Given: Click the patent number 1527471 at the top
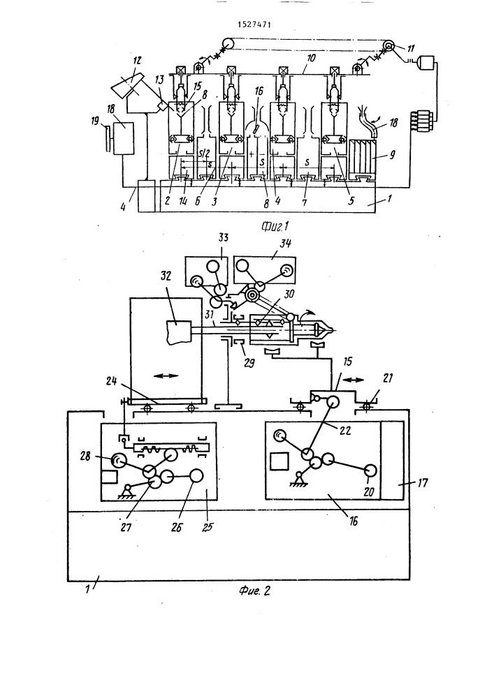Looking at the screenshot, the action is pos(254,24).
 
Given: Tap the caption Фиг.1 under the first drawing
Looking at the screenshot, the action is pos(275,226).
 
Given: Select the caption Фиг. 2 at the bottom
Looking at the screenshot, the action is pos(254,591).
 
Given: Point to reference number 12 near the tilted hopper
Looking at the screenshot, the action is pos(137,61).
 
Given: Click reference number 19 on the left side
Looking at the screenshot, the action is pos(95,121).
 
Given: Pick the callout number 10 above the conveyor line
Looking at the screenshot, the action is pos(311,58).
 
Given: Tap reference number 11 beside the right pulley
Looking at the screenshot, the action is pos(410,49).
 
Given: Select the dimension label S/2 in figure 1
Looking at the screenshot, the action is pos(205,154).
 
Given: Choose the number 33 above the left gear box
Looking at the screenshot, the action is pos(222,237).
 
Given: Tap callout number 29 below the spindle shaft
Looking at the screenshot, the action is pos(249,362).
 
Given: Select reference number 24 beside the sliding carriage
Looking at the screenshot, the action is pos(112,381).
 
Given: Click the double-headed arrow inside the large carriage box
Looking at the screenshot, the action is pos(166,376).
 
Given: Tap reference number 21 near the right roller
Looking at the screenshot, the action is pos(388,378).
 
